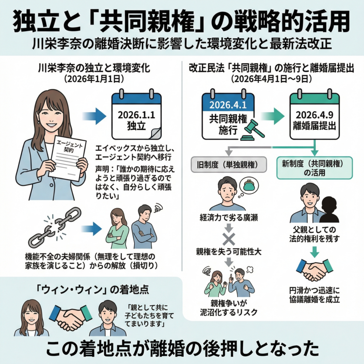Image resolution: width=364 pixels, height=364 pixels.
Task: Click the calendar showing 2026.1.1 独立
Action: [136, 116]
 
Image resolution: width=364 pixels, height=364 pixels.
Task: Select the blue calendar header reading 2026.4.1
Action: [228, 105]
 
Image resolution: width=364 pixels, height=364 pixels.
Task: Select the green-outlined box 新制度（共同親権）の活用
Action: [314, 167]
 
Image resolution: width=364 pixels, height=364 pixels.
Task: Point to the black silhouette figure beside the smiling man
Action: [328, 210]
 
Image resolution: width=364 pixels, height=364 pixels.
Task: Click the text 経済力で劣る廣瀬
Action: [229, 218]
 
